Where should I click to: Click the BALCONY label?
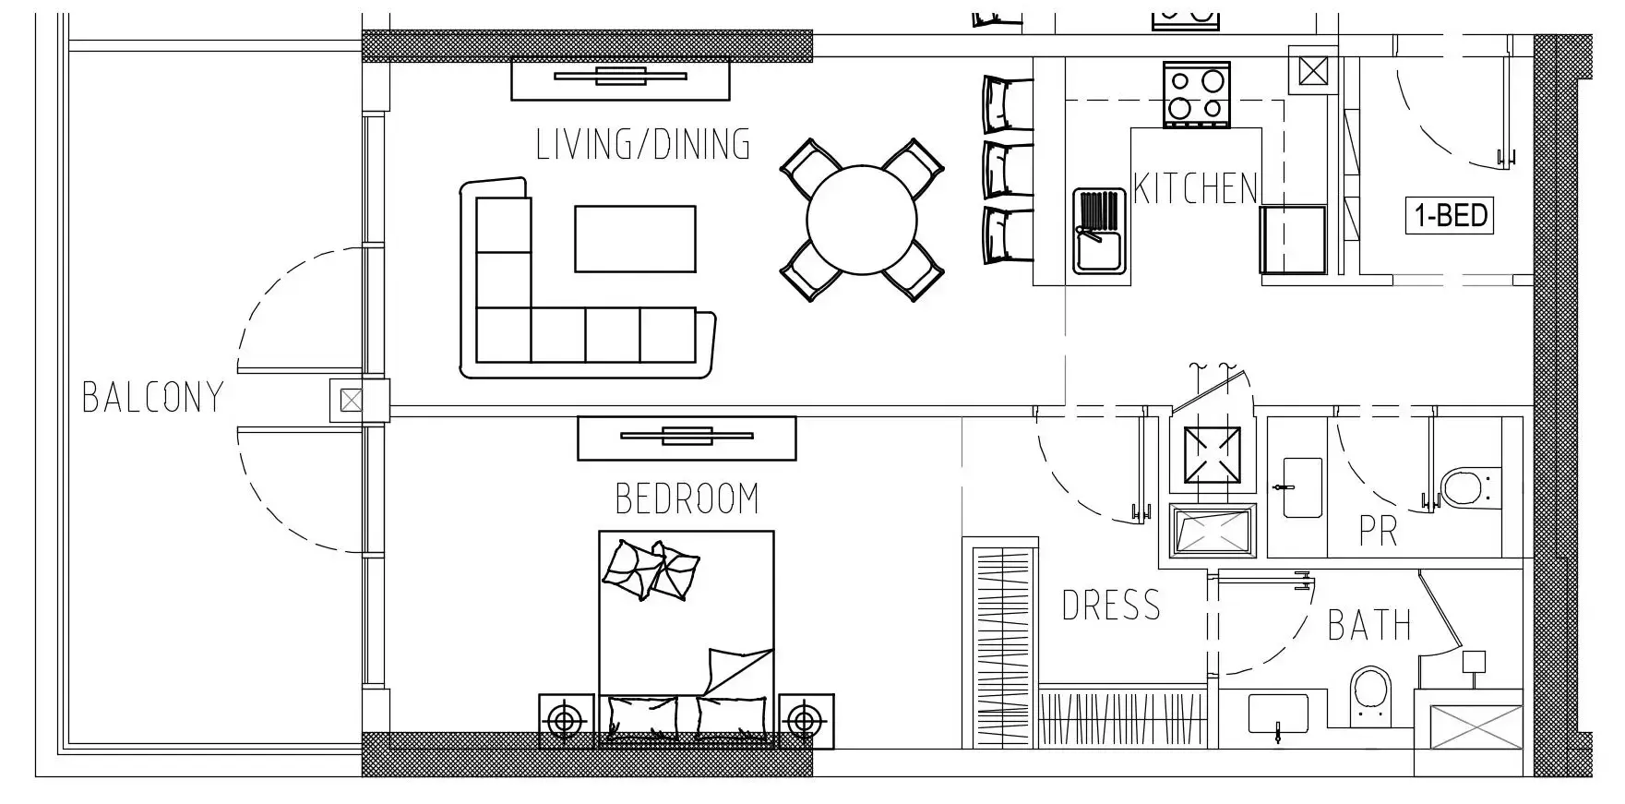153,397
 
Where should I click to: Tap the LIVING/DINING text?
643,145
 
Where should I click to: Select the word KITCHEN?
1195,188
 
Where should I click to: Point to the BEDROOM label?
687,498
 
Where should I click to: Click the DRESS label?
1111,606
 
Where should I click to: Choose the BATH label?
1369,626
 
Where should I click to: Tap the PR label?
1378,531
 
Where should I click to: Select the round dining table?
862,220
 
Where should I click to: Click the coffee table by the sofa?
635,239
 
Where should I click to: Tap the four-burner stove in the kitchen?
1197,94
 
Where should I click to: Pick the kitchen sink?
1099,231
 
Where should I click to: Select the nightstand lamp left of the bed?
566,720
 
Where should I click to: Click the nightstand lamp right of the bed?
806,720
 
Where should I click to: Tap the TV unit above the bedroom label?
687,438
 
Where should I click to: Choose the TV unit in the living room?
620,78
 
